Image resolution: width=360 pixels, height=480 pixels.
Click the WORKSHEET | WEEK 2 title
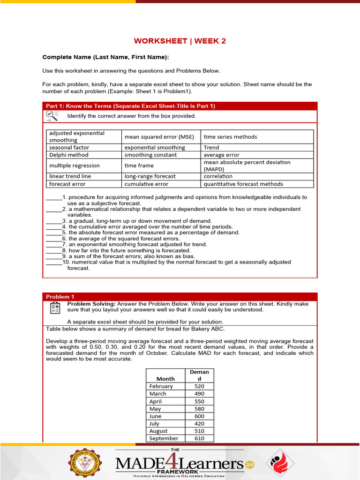(x=180, y=41)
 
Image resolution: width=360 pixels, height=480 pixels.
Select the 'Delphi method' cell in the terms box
(x=69, y=155)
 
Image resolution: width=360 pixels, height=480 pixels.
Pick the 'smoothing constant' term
(x=150, y=155)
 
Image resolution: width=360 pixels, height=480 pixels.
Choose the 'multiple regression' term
(x=75, y=165)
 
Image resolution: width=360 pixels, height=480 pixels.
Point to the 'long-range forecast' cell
(x=150, y=176)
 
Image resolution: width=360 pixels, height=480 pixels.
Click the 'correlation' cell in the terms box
(x=218, y=176)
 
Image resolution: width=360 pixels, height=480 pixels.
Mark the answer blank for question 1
(x=53, y=197)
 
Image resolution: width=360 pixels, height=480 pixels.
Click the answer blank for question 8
(x=53, y=250)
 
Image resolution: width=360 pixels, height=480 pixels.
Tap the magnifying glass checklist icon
(x=52, y=116)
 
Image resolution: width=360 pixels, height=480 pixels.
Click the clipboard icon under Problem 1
(x=54, y=308)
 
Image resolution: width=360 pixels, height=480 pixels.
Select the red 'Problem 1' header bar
(x=180, y=297)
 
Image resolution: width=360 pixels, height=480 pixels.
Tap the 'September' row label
(x=164, y=438)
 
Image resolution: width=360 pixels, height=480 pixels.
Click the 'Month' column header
(x=165, y=378)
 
